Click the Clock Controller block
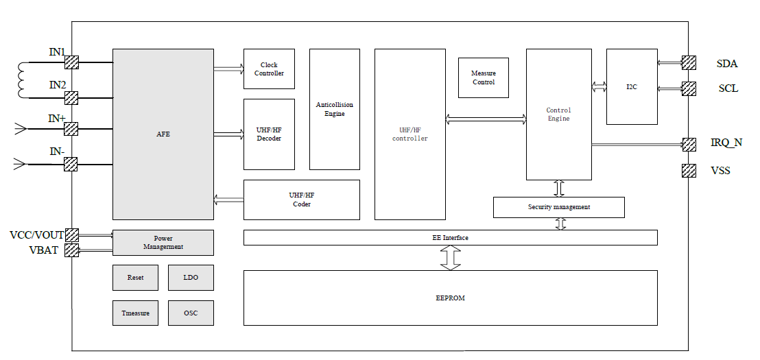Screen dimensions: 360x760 (269, 69)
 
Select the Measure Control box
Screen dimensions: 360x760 (484, 77)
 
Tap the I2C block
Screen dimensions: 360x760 (632, 87)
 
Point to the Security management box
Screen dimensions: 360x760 (558, 207)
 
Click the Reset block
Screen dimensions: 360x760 (135, 278)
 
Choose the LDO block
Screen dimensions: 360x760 (191, 278)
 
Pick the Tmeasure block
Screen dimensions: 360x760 (135, 313)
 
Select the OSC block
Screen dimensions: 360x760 (191, 313)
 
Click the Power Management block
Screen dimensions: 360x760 (163, 243)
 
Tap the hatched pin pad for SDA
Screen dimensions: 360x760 (689, 63)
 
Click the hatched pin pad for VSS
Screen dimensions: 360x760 (689, 171)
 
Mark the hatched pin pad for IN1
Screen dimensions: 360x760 (71, 62)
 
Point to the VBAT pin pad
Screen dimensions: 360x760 (71, 250)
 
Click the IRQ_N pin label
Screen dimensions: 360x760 (726, 143)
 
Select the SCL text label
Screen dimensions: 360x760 (728, 88)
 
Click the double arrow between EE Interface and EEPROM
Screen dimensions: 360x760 (451, 257)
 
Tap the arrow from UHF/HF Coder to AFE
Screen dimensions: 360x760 (228, 200)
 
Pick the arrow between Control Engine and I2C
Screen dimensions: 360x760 (599, 86)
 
